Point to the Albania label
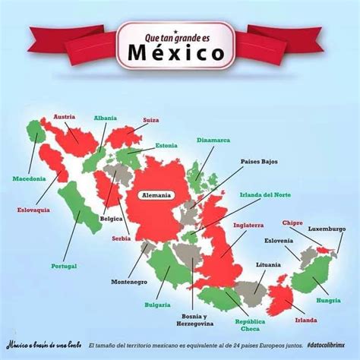pos(105,118)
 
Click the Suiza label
pos(151,120)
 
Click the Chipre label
pos(292,223)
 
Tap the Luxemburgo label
pos(327,228)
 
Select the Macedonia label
pos(29,178)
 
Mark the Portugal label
pos(64,266)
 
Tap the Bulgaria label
pos(157,305)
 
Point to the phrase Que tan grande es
pos(175,34)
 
